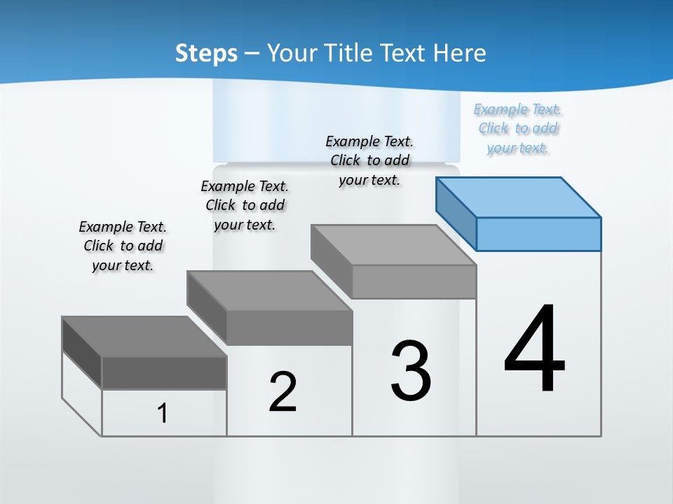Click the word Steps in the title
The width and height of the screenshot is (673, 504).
(206, 53)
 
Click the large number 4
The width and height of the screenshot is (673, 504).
(534, 349)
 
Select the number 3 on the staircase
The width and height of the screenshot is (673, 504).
(411, 370)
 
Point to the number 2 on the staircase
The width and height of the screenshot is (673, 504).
(283, 392)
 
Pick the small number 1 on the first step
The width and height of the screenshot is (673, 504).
(162, 414)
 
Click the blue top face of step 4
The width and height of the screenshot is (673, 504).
(519, 197)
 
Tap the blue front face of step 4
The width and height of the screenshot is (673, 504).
(538, 234)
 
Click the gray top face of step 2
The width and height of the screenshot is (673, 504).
(270, 290)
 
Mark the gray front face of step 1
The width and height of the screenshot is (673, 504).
(164, 373)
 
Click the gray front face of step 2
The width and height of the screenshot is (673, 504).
(289, 328)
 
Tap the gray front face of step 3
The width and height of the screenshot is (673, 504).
(414, 281)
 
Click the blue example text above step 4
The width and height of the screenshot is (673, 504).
(518, 128)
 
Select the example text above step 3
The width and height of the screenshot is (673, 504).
(369, 160)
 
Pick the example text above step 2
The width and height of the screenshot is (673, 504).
(245, 205)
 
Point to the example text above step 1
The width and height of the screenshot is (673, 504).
(123, 246)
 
